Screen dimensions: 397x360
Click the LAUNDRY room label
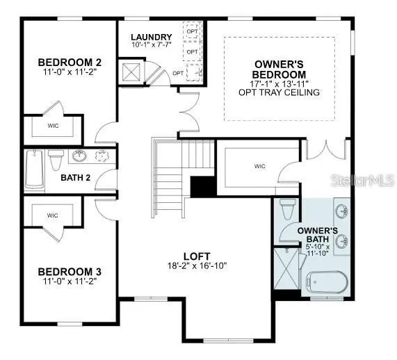click(x=152, y=37)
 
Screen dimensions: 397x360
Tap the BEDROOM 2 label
click(x=70, y=63)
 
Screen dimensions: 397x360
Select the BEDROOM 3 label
click(x=70, y=272)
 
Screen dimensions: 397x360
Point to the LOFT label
click(x=197, y=256)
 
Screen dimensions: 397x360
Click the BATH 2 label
click(x=76, y=178)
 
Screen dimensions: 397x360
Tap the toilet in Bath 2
click(x=56, y=160)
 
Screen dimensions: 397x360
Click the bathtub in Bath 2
click(x=34, y=169)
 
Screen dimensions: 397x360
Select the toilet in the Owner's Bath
click(x=288, y=209)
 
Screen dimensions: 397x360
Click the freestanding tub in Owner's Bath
click(x=327, y=282)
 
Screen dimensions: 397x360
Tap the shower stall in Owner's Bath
click(x=287, y=268)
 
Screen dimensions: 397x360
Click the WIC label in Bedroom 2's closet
click(x=53, y=126)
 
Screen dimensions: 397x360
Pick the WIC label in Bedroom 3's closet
click(x=52, y=215)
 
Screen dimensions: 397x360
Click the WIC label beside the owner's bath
click(x=260, y=166)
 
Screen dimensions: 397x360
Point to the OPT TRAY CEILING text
click(x=279, y=92)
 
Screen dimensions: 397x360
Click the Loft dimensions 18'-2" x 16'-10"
click(x=197, y=265)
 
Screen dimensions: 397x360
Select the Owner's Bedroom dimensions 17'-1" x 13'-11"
click(x=279, y=83)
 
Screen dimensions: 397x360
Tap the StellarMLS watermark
click(x=363, y=180)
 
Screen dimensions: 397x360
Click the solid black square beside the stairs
click(x=203, y=187)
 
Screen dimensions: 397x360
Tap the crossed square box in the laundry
click(x=131, y=72)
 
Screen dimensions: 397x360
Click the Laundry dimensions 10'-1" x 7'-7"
click(x=152, y=44)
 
